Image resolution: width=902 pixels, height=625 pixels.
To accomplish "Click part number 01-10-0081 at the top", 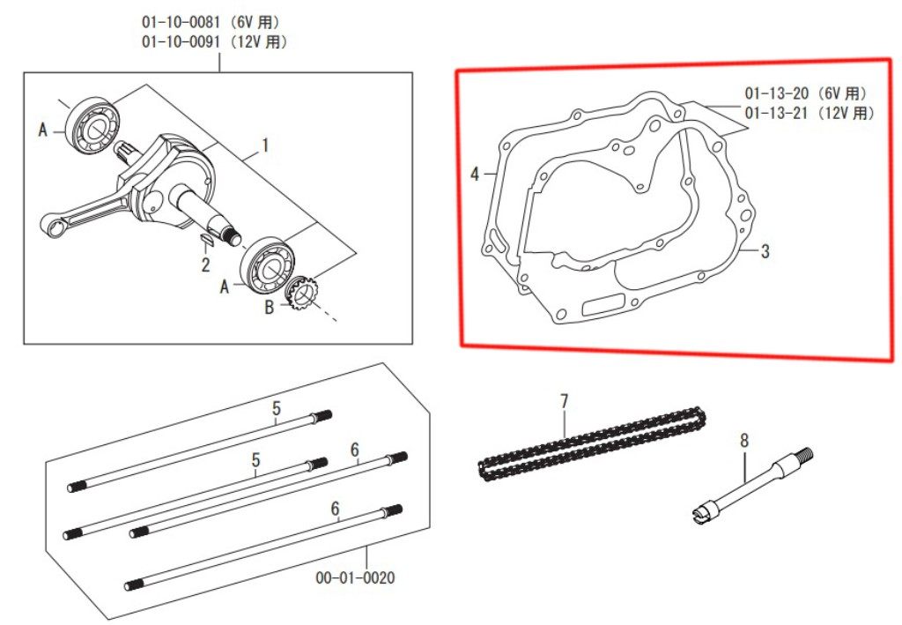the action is [181, 22].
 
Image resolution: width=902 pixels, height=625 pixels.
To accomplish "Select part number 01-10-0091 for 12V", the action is [181, 42].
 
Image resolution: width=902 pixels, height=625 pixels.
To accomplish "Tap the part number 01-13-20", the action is [777, 93].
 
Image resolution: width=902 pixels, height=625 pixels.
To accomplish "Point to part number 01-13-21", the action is [777, 113].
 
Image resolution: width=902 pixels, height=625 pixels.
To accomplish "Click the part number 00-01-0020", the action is [356, 577].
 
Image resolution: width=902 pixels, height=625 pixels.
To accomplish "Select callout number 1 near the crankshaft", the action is [264, 145].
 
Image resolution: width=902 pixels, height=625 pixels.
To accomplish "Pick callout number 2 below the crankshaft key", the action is [205, 264].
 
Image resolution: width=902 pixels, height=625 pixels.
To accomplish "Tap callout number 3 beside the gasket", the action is [765, 251].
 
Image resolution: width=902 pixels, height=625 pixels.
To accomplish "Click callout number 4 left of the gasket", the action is [475, 174].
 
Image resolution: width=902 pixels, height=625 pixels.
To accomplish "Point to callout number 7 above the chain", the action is [564, 401].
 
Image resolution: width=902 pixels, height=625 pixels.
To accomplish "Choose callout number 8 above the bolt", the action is [744, 442].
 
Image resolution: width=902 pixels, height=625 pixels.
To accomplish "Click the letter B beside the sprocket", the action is [270, 308].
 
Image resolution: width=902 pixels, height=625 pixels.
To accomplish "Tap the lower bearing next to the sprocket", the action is [269, 266].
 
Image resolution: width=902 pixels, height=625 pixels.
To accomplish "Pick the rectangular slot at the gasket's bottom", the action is [603, 304].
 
